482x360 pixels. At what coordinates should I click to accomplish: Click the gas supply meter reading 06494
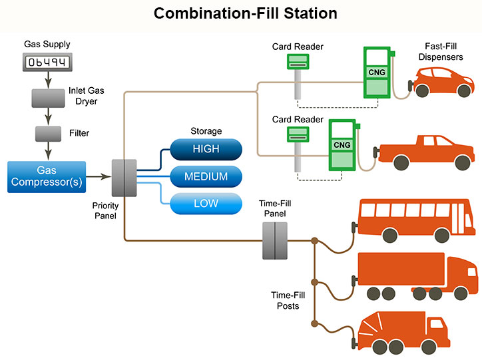pyautogui.click(x=47, y=63)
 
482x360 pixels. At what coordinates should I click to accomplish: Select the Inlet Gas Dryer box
pyautogui.click(x=47, y=98)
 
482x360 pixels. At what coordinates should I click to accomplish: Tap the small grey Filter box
pyautogui.click(x=47, y=133)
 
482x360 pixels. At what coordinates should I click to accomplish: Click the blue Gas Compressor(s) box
pyautogui.click(x=47, y=176)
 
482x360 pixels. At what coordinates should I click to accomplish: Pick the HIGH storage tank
pyautogui.click(x=206, y=149)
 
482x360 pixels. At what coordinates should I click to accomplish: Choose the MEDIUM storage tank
pyautogui.click(x=206, y=177)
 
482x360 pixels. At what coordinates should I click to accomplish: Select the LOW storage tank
pyautogui.click(x=206, y=204)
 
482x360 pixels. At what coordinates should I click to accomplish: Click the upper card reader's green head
pyautogui.click(x=298, y=61)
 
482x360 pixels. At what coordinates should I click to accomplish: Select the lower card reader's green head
pyautogui.click(x=298, y=134)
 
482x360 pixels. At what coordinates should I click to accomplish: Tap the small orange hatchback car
pyautogui.click(x=442, y=84)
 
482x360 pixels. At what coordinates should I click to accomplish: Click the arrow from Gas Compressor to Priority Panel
pyautogui.click(x=99, y=177)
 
